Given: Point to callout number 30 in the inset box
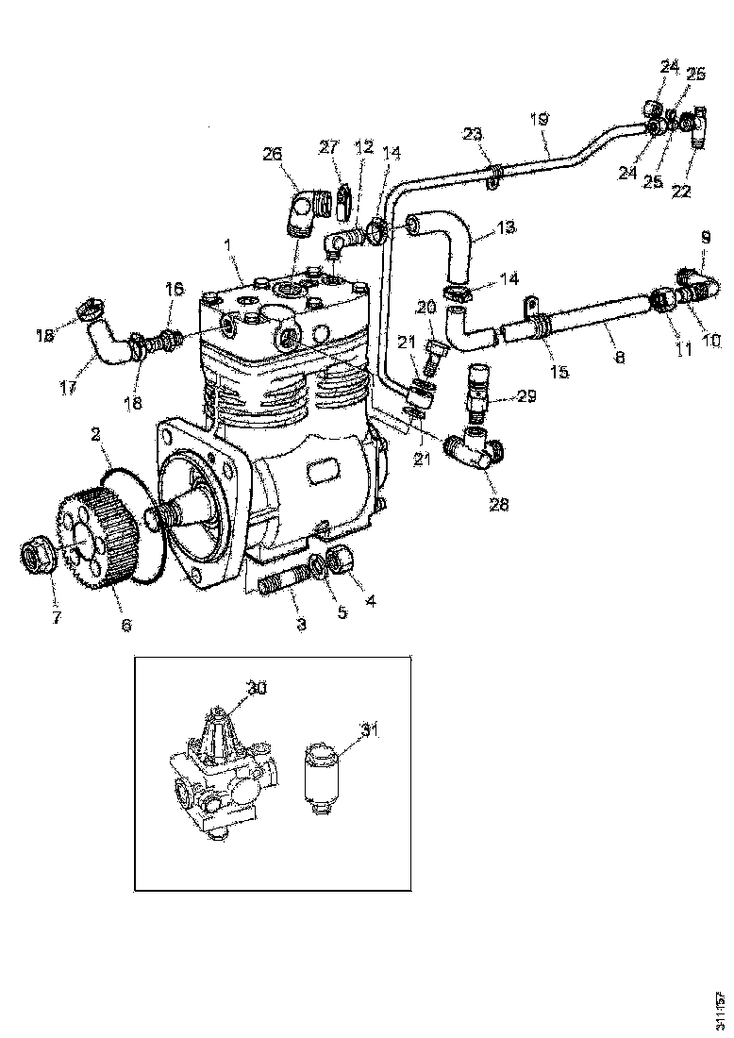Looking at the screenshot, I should [258, 688].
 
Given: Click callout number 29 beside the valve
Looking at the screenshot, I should [526, 396].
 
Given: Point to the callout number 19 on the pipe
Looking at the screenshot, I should [539, 119].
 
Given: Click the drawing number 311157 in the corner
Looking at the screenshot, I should [720, 1009].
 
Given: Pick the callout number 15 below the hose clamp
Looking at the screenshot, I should [560, 372].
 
